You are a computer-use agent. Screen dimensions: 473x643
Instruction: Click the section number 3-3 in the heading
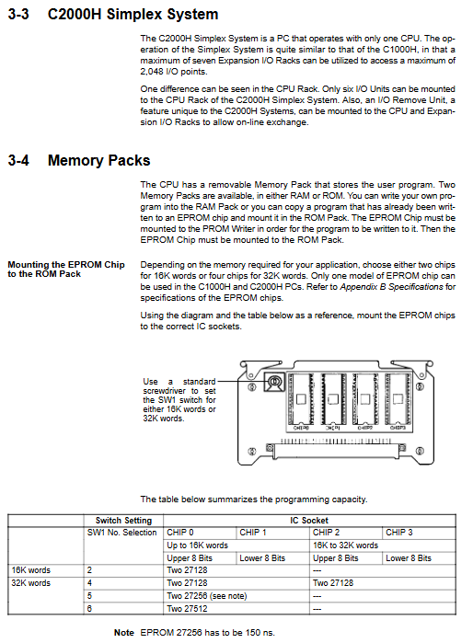(x=18, y=15)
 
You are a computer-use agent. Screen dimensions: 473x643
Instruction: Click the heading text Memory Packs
(x=98, y=160)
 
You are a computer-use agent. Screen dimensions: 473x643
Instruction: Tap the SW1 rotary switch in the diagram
(x=274, y=382)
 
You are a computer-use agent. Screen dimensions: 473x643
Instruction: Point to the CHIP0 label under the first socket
(x=301, y=428)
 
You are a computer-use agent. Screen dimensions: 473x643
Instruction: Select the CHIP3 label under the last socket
(x=398, y=428)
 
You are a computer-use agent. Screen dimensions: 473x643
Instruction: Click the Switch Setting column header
(x=123, y=521)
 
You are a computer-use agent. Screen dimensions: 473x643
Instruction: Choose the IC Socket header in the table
(x=309, y=521)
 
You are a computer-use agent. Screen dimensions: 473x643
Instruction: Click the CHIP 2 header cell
(x=326, y=533)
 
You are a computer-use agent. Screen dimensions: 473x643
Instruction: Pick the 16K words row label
(x=30, y=570)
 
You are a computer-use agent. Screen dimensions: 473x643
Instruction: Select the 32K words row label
(x=30, y=582)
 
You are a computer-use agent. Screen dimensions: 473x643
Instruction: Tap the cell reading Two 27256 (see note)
(x=207, y=596)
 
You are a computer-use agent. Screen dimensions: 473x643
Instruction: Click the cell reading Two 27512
(x=187, y=609)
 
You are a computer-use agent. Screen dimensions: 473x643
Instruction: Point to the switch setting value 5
(x=89, y=596)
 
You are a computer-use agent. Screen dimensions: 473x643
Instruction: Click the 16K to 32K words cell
(x=345, y=545)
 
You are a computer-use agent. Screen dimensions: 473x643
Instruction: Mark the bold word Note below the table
(x=124, y=633)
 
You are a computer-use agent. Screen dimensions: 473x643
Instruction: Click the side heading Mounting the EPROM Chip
(x=66, y=265)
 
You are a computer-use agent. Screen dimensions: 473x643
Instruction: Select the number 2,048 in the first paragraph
(x=152, y=72)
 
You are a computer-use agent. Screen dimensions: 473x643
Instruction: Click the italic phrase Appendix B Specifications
(x=391, y=287)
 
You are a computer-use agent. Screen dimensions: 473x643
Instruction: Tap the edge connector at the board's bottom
(x=336, y=451)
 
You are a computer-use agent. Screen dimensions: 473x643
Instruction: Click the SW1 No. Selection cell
(x=121, y=533)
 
